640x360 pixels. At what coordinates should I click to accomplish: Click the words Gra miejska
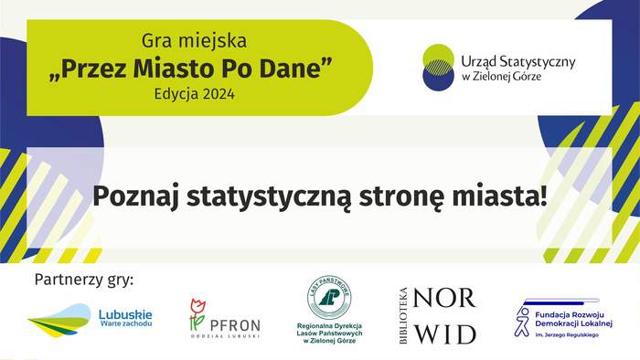click(194, 41)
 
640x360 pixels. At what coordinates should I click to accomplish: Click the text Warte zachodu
click(125, 324)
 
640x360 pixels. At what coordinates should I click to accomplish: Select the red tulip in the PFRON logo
click(197, 308)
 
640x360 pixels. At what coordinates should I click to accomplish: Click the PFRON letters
click(235, 323)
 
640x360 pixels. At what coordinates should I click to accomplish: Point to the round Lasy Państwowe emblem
click(329, 297)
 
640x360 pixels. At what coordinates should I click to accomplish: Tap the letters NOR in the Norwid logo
click(444, 298)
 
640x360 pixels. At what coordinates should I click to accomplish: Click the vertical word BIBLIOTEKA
click(402, 315)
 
